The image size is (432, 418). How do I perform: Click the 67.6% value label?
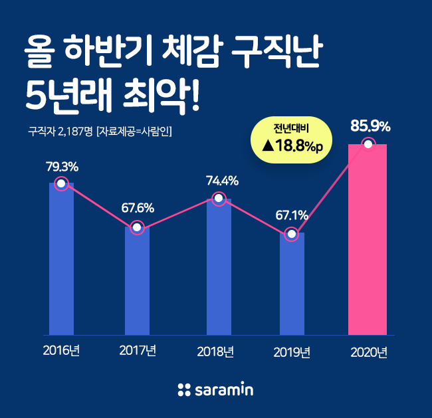point(137,207)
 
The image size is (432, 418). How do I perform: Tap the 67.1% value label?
point(291,215)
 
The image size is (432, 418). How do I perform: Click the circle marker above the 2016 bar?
point(61,183)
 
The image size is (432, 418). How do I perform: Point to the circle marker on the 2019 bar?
point(291,234)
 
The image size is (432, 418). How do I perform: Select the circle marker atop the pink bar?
point(368,144)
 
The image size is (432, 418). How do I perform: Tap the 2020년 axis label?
point(368,352)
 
